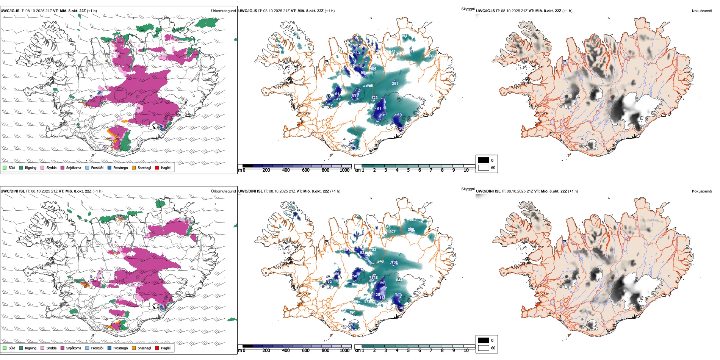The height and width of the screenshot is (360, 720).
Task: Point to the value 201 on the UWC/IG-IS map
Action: [395, 83]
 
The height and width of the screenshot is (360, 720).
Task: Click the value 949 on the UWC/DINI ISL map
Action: [380, 261]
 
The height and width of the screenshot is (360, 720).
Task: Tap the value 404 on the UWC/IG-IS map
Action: [373, 69]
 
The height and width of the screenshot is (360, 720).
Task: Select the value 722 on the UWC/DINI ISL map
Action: [373, 250]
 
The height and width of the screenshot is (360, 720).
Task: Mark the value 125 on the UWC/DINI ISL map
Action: [377, 294]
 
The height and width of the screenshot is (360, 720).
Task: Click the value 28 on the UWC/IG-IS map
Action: [401, 128]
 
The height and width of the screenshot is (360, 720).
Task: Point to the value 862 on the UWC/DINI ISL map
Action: [413, 220]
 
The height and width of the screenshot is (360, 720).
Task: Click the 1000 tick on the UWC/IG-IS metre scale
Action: [344, 170]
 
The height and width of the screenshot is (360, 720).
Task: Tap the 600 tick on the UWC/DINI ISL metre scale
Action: [306, 351]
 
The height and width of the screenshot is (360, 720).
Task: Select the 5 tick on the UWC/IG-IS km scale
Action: [408, 170]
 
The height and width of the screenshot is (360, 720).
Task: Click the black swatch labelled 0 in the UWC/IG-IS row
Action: [484, 160]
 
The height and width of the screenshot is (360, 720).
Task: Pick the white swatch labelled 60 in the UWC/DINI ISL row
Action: [484, 348]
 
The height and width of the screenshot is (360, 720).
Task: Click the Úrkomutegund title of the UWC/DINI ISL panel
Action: [223, 191]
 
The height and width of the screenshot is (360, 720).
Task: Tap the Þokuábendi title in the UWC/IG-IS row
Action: [702, 11]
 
